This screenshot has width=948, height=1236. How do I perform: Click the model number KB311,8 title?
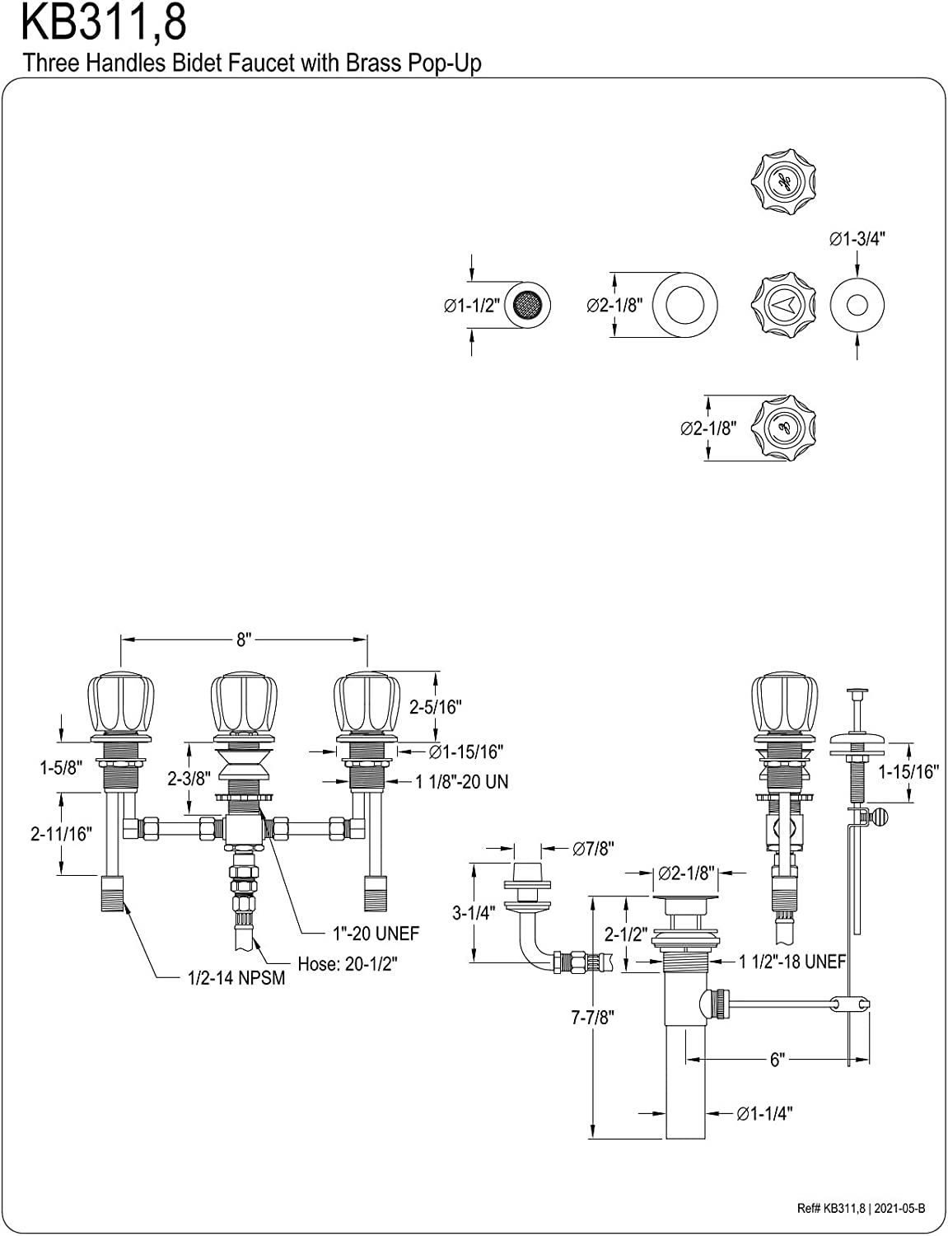click(x=104, y=23)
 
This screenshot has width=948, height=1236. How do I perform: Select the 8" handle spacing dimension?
click(x=244, y=639)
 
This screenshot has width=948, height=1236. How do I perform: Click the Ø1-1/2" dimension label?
click(x=471, y=306)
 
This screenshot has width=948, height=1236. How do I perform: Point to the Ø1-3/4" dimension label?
click(x=857, y=239)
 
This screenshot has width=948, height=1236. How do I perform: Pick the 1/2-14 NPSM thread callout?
click(x=236, y=978)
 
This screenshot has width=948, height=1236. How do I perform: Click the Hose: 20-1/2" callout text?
click(x=348, y=963)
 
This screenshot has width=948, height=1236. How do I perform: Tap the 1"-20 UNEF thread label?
click(x=376, y=933)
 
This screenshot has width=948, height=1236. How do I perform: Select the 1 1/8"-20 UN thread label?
click(x=461, y=781)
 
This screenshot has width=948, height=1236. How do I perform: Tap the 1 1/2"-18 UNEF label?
click(x=792, y=962)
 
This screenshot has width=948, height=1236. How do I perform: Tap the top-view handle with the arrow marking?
click(x=783, y=305)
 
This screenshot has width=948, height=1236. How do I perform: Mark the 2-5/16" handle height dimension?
click(x=436, y=706)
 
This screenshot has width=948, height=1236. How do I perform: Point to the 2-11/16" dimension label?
click(x=61, y=833)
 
